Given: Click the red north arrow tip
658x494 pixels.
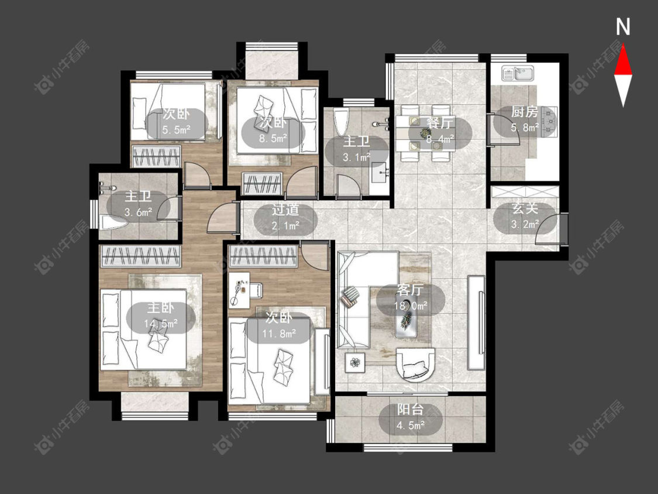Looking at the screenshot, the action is pyautogui.click(x=623, y=46).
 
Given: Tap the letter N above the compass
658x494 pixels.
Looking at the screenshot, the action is pyautogui.click(x=623, y=27).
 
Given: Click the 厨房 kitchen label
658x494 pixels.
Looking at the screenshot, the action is pyautogui.click(x=524, y=112).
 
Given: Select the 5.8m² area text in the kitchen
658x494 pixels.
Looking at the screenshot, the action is pyautogui.click(x=525, y=127).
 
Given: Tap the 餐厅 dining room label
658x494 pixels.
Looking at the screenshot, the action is pyautogui.click(x=440, y=123).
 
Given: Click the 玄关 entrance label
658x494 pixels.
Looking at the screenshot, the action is pyautogui.click(x=525, y=209).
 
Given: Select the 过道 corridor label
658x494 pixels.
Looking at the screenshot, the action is pyautogui.click(x=285, y=209).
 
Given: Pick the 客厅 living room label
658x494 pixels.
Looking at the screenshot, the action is pyautogui.click(x=411, y=290).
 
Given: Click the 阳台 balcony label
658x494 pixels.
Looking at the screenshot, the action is pyautogui.click(x=411, y=410).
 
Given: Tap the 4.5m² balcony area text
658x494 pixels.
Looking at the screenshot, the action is pyautogui.click(x=411, y=425).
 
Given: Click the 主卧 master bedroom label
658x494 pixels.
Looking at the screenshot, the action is pyautogui.click(x=160, y=308).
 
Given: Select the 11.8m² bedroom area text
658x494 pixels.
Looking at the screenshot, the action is pyautogui.click(x=278, y=334).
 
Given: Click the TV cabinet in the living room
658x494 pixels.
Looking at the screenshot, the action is pyautogui.click(x=476, y=322).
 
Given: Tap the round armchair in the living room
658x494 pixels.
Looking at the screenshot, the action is pyautogui.click(x=415, y=365).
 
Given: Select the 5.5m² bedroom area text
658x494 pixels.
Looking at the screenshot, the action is pyautogui.click(x=176, y=129).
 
